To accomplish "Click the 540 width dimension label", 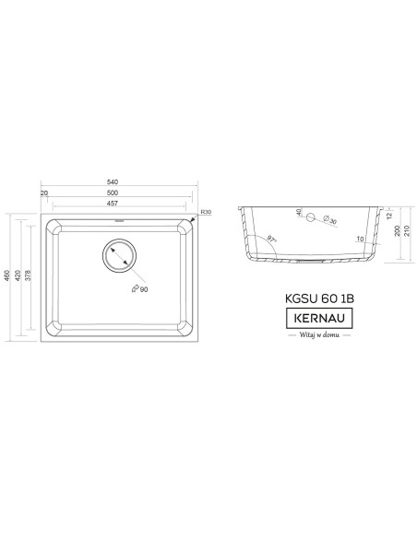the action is point(113,181).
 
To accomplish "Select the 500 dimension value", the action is point(113,193).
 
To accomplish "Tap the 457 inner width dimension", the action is point(113,203).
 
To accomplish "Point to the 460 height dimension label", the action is point(6,275).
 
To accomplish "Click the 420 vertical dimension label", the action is point(18,275).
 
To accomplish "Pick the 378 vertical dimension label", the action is point(29,275).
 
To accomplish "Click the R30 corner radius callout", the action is point(206,213).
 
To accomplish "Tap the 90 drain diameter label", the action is point(140,289).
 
